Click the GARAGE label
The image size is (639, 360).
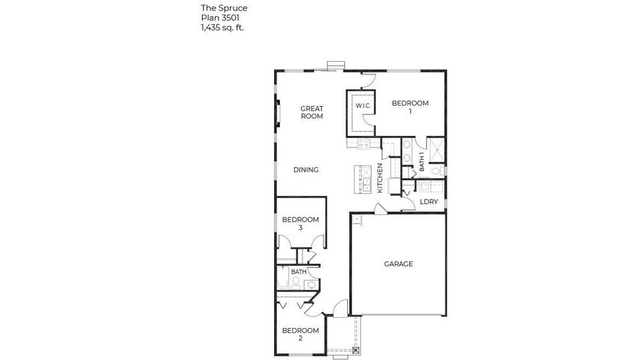click(x=398, y=264)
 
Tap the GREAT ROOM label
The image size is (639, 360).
click(x=312, y=112)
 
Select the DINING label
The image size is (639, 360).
click(x=306, y=170)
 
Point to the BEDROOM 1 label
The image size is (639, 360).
click(x=410, y=107)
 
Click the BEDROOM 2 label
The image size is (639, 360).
click(x=300, y=334)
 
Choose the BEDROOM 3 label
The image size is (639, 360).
click(x=300, y=224)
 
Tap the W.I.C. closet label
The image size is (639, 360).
click(x=362, y=106)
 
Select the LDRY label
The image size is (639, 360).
click(x=429, y=202)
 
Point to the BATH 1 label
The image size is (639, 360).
click(x=422, y=162)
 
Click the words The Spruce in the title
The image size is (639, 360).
click(x=224, y=8)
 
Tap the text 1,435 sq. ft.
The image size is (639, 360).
click(x=223, y=28)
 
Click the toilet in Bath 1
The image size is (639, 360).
click(x=438, y=171)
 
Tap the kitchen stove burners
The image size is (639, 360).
click(x=362, y=144)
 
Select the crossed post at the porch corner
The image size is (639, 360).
click(x=355, y=350)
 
